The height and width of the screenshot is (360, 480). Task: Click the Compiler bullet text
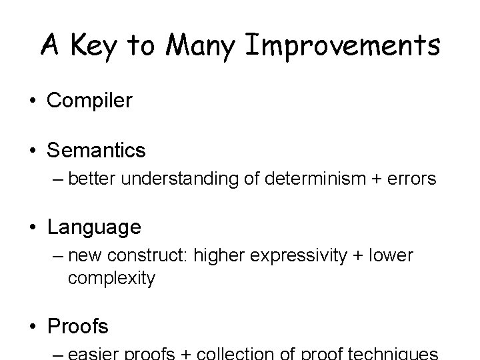tap(89, 101)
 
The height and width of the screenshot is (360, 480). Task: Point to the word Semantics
tap(96, 151)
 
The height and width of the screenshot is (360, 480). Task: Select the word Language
tap(94, 227)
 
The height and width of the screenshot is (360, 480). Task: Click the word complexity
tap(111, 278)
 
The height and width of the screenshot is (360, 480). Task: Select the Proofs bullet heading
tap(77, 326)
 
